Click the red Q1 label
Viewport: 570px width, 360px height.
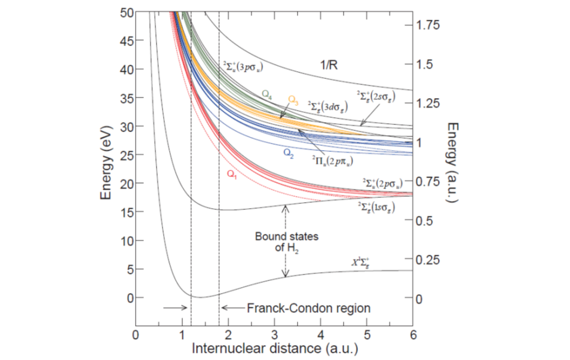point(233,173)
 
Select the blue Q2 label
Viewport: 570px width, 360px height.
point(289,152)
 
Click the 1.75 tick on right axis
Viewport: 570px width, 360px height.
point(428,25)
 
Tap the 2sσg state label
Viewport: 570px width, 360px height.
point(376,97)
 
